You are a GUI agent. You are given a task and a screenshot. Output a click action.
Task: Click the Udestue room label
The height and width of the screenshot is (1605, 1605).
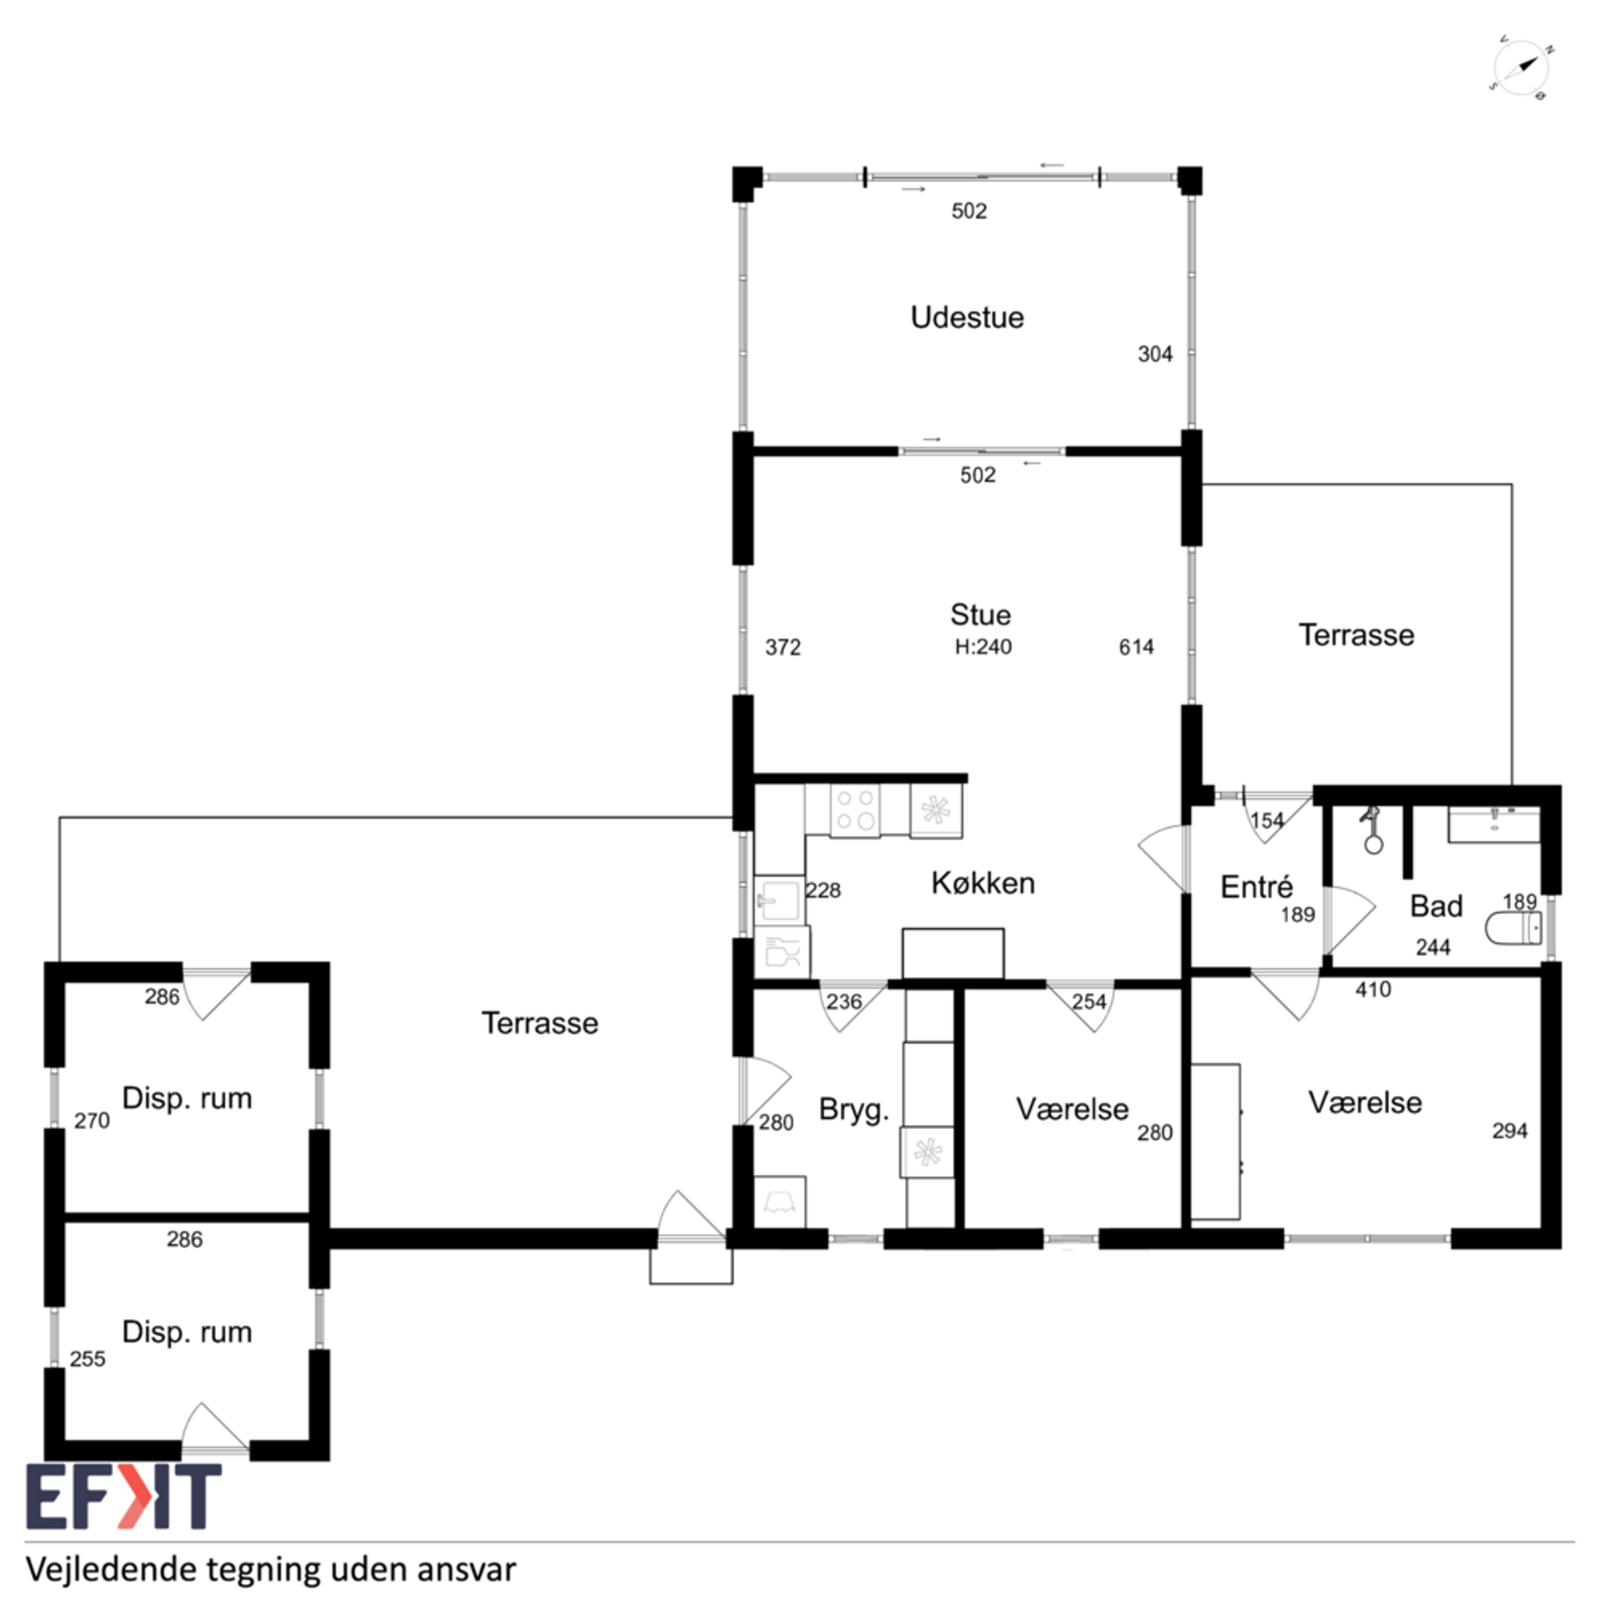967,317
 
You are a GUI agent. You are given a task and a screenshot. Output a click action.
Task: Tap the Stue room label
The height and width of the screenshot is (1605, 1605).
981,615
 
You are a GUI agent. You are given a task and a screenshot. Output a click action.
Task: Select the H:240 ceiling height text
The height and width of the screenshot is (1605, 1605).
983,647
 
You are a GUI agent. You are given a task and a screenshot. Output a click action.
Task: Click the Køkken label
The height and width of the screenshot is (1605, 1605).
983,883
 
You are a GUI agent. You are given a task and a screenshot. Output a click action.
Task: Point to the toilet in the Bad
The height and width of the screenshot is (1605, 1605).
1513,927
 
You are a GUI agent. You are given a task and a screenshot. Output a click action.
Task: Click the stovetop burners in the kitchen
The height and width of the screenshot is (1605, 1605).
855,810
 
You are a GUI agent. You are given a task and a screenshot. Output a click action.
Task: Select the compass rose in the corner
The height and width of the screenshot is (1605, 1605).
1521,69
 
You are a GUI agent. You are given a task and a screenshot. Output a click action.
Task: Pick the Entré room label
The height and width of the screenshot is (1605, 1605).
1256,887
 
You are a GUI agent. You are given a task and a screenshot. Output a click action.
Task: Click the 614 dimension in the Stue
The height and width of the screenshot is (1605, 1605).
1136,647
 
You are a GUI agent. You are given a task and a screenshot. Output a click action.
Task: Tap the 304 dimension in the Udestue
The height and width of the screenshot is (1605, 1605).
1155,354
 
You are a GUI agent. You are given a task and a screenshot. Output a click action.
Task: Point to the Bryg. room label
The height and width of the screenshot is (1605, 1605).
854,1109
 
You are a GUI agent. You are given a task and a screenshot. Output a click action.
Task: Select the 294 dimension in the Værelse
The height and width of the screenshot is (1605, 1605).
1509,1131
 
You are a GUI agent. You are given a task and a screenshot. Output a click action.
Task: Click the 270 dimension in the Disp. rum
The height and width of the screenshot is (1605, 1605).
92,1120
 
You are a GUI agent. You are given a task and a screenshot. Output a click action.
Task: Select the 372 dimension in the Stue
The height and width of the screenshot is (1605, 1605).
783,647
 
